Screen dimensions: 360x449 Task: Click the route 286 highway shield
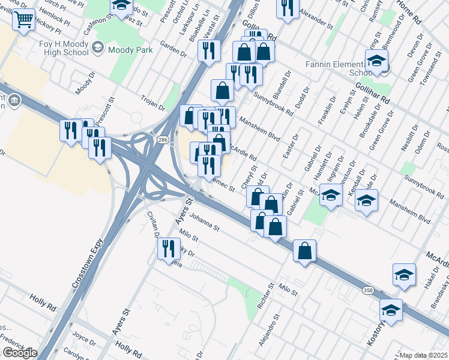pos(162,139)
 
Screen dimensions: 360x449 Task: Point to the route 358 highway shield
pos(367,290)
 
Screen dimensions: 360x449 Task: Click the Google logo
pos(19,353)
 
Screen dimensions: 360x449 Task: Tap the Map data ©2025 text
pos(423,355)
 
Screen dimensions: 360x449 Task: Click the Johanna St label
pos(205,222)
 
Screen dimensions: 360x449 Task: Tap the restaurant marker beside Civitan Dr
pos(169,248)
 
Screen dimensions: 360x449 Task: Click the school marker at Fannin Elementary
pos(376,62)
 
